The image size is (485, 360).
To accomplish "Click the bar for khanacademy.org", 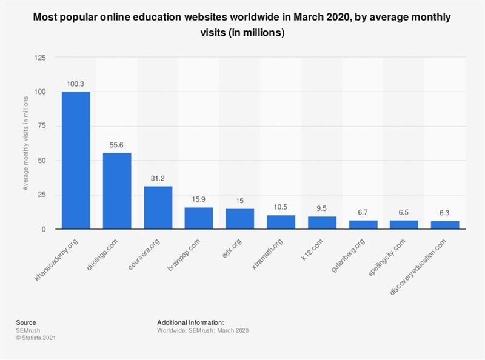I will [x=76, y=161].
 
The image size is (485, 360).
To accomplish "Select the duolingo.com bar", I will [x=117, y=191].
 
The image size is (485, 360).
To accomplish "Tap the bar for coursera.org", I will [x=158, y=208].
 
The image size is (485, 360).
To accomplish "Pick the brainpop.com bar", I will [x=199, y=218].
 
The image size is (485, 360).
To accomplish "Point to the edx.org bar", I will [x=240, y=219].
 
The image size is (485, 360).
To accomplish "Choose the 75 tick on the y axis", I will [x=41, y=126].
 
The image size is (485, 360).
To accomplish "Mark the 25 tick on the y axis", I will [x=41, y=195].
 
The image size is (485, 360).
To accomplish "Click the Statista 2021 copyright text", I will [x=32, y=338].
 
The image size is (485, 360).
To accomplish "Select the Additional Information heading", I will [x=190, y=322].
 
